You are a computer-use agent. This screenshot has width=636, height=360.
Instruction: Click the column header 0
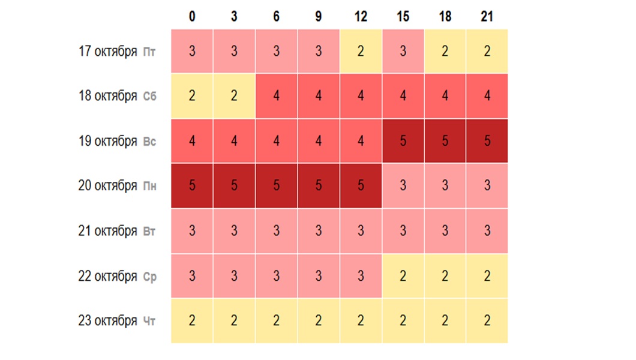(192, 17)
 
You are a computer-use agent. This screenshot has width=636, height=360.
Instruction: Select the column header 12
(361, 17)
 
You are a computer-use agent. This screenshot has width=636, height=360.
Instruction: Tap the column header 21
(487, 17)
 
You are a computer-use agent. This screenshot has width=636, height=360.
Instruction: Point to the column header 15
(403, 17)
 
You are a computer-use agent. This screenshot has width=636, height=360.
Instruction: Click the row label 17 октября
(108, 51)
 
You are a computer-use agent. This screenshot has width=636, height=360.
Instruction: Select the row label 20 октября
(108, 186)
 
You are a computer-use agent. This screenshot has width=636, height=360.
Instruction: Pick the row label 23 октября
(108, 321)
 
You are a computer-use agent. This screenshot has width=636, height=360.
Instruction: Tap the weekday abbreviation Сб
(149, 97)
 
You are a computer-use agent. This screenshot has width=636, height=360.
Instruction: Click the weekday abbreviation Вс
(149, 142)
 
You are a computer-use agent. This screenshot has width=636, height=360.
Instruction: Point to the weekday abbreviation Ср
(149, 277)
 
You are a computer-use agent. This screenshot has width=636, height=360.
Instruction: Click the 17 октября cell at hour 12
(361, 51)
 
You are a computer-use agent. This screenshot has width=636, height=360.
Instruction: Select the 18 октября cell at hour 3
(234, 96)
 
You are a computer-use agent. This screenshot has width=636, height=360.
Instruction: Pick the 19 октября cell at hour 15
(403, 141)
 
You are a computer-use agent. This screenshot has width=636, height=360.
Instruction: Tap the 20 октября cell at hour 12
(361, 186)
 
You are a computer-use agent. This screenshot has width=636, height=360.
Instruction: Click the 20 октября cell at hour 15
(403, 186)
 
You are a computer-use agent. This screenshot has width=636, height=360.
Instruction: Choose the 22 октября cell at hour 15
(403, 276)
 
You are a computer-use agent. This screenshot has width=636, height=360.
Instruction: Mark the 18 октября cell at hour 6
(276, 96)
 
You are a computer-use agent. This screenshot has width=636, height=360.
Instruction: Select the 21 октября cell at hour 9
(319, 231)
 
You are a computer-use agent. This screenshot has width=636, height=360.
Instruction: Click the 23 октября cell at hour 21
(487, 321)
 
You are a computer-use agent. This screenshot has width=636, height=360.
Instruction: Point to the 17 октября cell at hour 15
(403, 51)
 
